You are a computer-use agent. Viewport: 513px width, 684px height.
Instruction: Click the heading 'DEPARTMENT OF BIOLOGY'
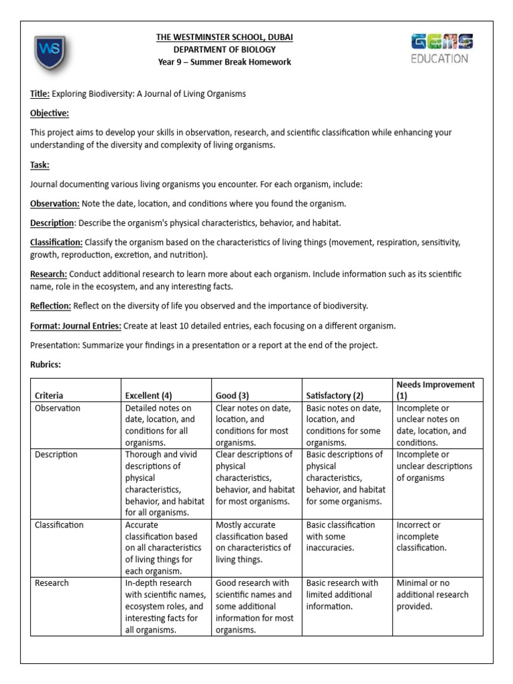coord(224,49)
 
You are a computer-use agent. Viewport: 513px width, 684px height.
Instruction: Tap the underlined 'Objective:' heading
coord(49,114)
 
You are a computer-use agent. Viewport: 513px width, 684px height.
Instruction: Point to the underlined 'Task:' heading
coord(40,164)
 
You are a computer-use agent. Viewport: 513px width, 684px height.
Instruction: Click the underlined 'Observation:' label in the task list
coord(55,203)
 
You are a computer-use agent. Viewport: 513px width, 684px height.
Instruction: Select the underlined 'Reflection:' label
coord(50,306)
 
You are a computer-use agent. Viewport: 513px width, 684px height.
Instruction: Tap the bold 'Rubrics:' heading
coord(46,365)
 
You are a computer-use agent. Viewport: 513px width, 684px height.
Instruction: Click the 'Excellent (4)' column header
coord(148,395)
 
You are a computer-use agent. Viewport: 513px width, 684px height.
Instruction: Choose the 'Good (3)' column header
coord(232,395)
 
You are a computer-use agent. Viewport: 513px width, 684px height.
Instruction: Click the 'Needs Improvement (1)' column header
coord(436,389)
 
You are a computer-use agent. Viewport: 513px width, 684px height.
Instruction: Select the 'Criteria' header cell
coord(49,395)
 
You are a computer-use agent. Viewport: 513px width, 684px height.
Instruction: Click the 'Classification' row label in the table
coord(59,525)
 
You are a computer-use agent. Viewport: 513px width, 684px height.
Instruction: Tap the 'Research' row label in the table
coord(51,583)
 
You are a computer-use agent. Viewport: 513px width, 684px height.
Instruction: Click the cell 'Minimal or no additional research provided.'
coord(432,594)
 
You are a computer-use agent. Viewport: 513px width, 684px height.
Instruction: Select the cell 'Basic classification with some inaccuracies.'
coord(341,536)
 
